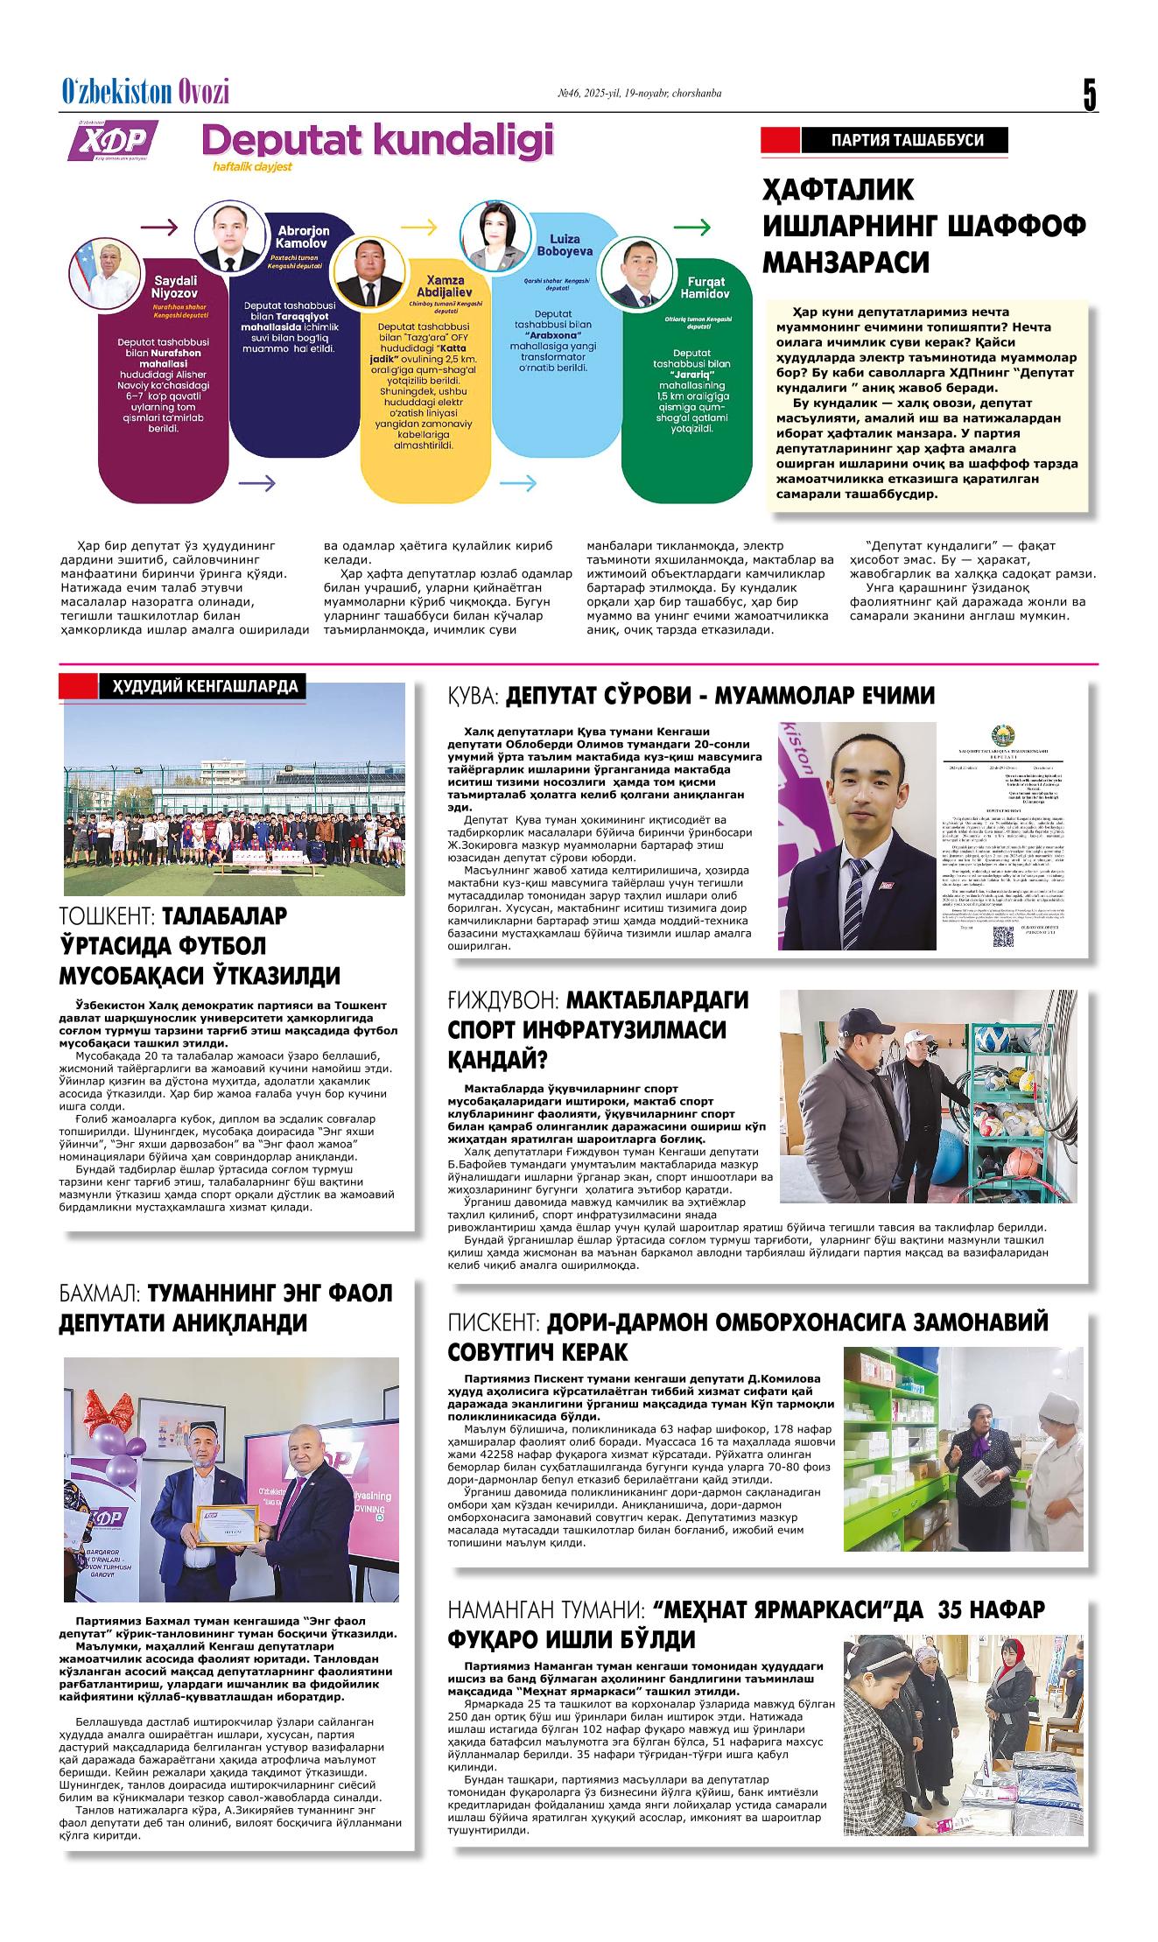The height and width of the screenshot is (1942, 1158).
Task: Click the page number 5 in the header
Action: (x=1089, y=95)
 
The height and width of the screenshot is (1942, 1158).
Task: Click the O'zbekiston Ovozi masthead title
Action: (x=145, y=92)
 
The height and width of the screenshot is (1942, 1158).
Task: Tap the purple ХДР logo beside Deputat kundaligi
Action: (x=113, y=140)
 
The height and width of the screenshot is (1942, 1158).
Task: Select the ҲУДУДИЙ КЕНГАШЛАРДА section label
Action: (x=203, y=687)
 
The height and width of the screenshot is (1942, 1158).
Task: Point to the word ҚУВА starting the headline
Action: (x=473, y=696)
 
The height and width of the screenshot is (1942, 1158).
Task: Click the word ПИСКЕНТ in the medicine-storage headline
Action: (x=495, y=1322)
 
